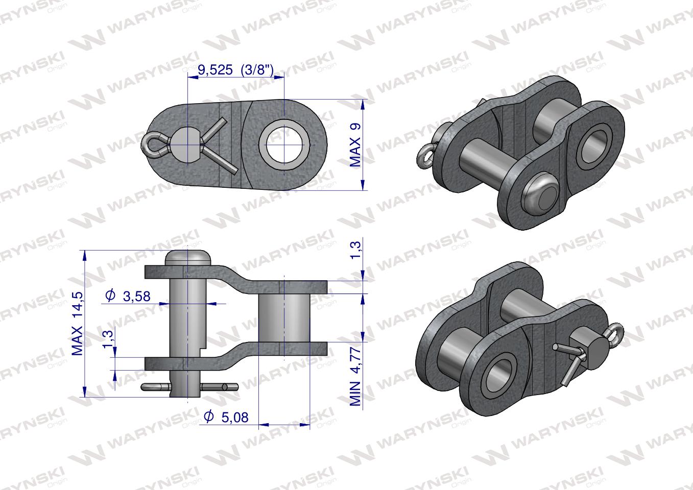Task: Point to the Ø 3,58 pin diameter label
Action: (x=128, y=296)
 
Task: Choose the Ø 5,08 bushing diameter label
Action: (x=226, y=417)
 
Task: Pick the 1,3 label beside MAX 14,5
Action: (x=107, y=339)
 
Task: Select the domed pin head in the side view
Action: (x=188, y=257)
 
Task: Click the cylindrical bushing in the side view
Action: (x=283, y=325)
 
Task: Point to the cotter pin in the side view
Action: (x=189, y=386)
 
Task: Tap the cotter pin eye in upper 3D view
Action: (x=424, y=155)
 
